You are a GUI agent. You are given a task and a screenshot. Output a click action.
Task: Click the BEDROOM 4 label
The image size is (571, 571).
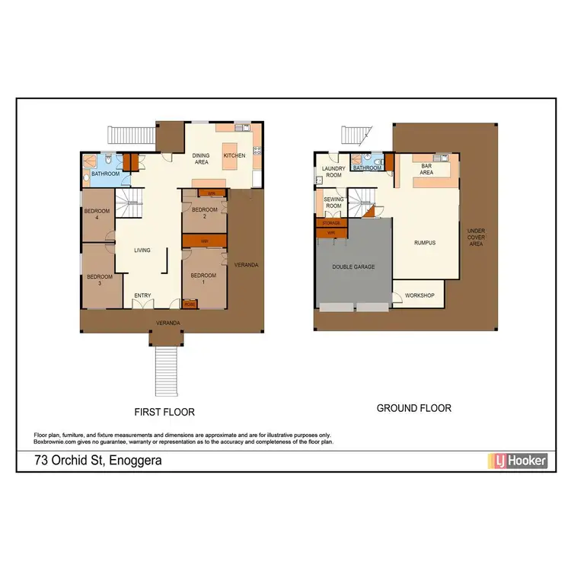97,214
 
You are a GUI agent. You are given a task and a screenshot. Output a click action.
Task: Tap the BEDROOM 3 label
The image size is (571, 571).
99,279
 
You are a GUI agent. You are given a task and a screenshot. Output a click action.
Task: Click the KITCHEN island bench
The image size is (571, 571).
233,155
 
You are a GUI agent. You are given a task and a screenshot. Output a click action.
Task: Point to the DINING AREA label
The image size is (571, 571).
202,158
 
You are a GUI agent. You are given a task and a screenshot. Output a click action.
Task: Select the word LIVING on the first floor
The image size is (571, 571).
142,250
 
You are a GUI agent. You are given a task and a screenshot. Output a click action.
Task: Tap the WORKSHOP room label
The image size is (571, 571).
419,295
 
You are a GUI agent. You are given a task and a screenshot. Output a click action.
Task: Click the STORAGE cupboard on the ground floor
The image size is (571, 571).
331,224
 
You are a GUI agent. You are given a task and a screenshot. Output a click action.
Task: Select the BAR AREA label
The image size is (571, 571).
426,169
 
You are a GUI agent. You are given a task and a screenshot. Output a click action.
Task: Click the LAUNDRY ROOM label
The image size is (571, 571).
333,172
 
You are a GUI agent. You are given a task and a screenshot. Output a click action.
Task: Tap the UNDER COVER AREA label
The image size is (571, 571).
476,238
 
